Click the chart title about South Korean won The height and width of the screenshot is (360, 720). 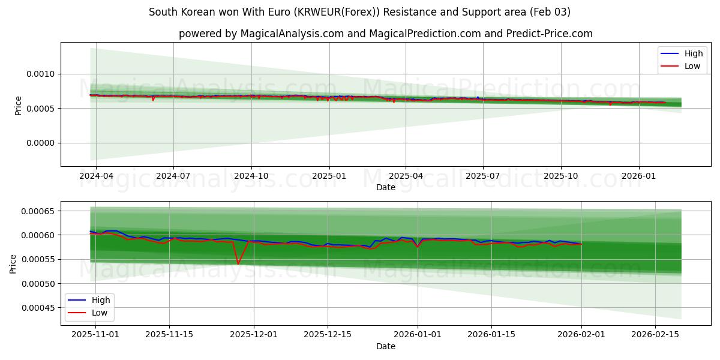click(x=359, y=12)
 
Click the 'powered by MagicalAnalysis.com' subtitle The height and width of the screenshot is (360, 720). click(x=385, y=34)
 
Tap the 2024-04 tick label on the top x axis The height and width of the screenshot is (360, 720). click(x=96, y=176)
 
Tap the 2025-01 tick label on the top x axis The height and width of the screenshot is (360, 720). click(x=328, y=176)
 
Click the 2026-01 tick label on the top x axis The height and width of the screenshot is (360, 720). click(x=638, y=176)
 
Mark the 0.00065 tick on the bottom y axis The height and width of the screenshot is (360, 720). click(x=37, y=211)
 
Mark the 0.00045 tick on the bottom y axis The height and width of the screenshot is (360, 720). click(x=37, y=308)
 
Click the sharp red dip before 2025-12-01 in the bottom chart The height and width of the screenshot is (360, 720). click(x=238, y=263)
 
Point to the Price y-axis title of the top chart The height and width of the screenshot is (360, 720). click(x=18, y=105)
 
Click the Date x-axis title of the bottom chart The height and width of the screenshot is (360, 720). click(x=385, y=346)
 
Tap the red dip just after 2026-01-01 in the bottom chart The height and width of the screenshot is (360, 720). click(x=418, y=247)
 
